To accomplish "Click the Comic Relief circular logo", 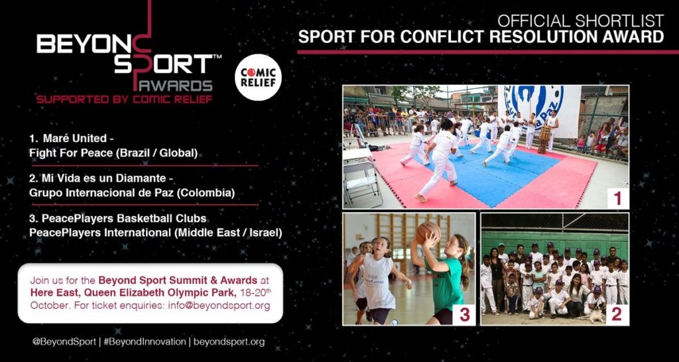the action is [258, 78].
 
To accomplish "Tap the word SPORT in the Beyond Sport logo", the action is [163, 64].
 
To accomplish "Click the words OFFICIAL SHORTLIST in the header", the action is [581, 21].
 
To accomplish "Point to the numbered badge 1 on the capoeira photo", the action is [617, 198].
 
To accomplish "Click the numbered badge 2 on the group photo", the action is [617, 314].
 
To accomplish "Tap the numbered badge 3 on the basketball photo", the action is [464, 314].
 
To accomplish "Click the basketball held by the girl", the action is [428, 231].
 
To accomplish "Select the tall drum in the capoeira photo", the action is [544, 139].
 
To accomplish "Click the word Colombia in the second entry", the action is [212, 193].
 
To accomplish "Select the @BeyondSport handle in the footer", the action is [64, 341].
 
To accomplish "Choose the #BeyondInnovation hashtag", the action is [144, 341].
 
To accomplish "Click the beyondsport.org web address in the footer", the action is [229, 342].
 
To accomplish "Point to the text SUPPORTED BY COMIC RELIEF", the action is [124, 99].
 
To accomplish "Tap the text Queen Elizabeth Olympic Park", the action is [152, 292].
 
